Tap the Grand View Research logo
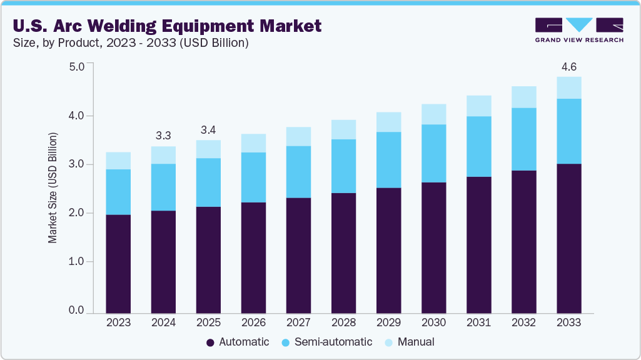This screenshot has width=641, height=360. click(579, 29)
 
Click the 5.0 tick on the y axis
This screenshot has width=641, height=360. click(76, 66)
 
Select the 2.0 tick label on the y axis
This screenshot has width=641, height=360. click(76, 213)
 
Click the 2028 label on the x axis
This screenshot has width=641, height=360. click(343, 322)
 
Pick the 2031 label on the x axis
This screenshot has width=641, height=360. click(478, 322)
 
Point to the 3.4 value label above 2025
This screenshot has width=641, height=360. click(208, 130)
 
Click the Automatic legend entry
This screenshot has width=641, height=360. click(238, 342)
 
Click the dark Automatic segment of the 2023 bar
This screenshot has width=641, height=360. click(118, 263)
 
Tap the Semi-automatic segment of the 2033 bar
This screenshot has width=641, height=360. click(568, 131)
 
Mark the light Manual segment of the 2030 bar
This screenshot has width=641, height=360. click(433, 114)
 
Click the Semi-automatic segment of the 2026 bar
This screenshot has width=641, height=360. click(253, 177)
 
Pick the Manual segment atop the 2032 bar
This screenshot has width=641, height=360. click(523, 97)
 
